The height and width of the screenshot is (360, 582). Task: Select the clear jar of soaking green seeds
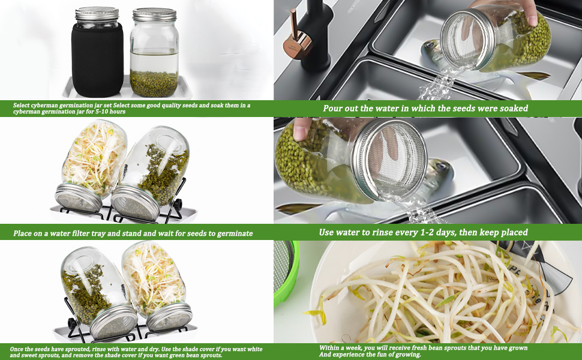[154, 57]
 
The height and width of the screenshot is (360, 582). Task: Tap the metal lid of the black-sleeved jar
[97, 13]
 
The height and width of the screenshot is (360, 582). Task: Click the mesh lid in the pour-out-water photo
[463, 38]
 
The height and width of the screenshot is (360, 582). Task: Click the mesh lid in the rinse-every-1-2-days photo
[390, 160]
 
